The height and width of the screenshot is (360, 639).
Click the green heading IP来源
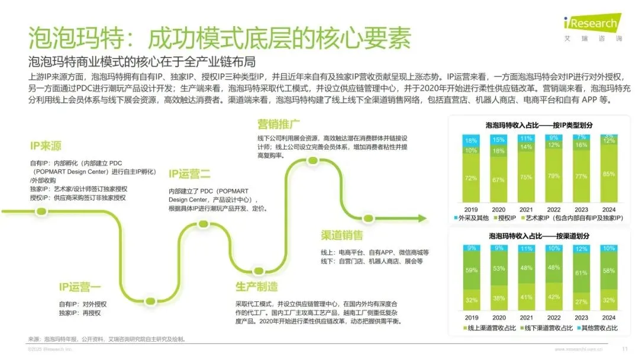[46, 146]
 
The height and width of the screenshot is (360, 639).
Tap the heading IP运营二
[189, 173]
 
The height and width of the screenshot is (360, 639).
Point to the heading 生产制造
[256, 287]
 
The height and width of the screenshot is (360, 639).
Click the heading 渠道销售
[341, 236]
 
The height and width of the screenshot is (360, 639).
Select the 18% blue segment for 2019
[470, 141]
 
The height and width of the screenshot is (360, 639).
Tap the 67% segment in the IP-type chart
[499, 179]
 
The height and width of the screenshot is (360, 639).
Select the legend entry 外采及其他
[472, 218]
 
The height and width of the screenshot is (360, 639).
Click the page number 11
[625, 349]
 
